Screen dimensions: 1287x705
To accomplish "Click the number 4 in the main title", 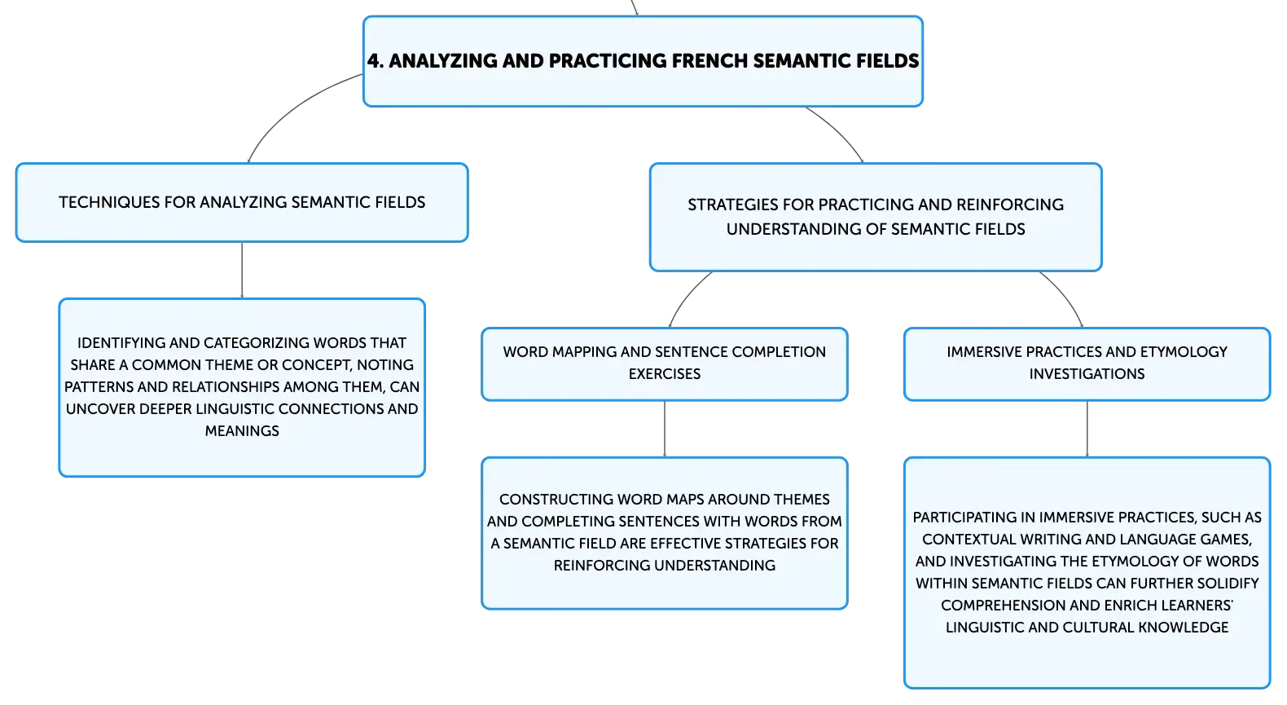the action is click(373, 61).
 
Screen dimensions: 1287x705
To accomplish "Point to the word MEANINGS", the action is click(242, 431).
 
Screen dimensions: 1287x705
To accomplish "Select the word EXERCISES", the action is click(664, 374).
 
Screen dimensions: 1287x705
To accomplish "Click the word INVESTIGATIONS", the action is click(1087, 374).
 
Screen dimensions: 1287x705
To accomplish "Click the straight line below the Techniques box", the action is click(242, 270).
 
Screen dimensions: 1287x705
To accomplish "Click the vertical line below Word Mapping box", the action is click(665, 429).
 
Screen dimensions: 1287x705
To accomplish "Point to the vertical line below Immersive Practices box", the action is click(1087, 429).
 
